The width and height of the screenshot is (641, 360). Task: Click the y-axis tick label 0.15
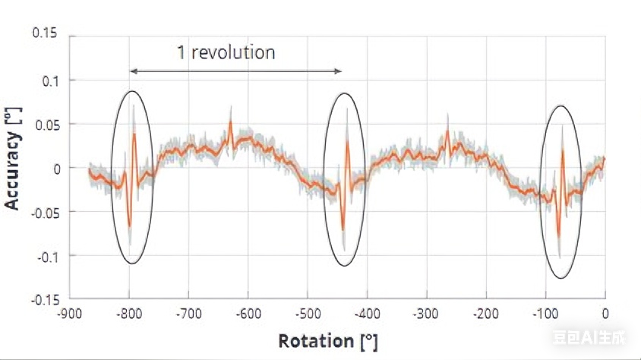coord(43,35)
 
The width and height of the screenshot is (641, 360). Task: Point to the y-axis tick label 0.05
coord(43,123)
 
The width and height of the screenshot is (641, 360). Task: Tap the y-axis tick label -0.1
coord(44,255)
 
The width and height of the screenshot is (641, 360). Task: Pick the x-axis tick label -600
coord(248,313)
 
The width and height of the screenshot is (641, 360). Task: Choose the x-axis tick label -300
coord(426,313)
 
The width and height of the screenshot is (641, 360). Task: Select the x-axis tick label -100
coord(545,313)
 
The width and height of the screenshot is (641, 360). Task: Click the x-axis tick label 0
coord(605,313)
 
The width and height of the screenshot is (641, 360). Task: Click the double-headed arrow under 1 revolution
coord(235,71)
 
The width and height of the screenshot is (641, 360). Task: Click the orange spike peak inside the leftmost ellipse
coord(134,134)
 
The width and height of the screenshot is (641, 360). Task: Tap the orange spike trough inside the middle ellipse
coord(343,229)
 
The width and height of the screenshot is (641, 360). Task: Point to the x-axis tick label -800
coord(130,313)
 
